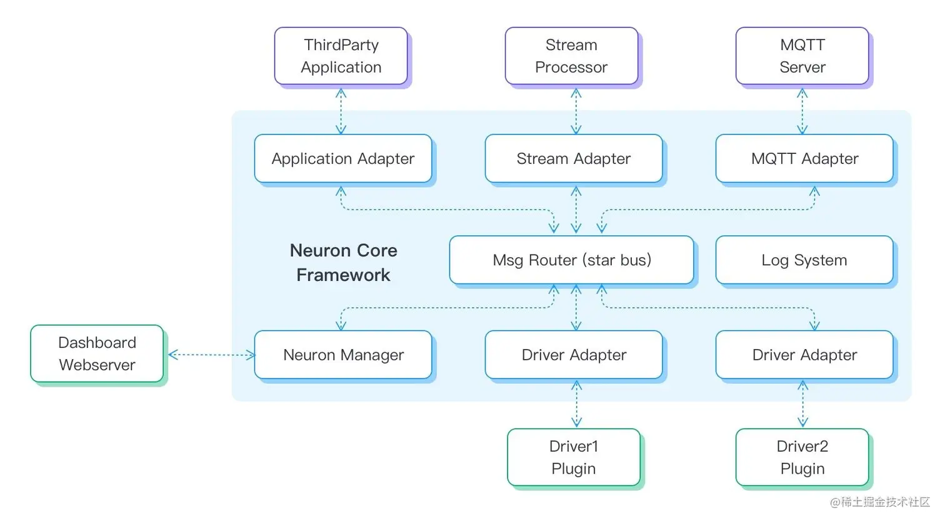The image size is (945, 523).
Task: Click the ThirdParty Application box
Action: point(341,56)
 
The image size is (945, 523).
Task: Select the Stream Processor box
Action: point(571,56)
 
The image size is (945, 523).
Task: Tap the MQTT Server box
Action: point(802,56)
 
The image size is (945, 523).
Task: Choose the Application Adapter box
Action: point(342,158)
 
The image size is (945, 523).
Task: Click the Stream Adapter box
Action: point(573,158)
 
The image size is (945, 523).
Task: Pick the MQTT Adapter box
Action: point(804,158)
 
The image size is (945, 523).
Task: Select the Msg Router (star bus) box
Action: point(571,260)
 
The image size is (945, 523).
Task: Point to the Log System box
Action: point(804,260)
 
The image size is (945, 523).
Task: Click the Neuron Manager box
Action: point(342,355)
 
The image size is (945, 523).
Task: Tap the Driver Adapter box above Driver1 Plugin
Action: point(573,355)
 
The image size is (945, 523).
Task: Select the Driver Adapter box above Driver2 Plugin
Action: point(804,355)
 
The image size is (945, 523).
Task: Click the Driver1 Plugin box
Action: point(573,457)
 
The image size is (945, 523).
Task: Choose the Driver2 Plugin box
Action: point(802,457)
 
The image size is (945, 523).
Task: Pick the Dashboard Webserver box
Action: point(97,353)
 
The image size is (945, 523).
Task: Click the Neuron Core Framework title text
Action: point(343,263)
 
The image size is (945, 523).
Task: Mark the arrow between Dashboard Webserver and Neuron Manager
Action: point(211,355)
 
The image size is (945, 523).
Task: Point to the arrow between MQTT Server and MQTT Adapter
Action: point(802,111)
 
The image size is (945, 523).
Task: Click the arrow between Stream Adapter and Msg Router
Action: point(576,210)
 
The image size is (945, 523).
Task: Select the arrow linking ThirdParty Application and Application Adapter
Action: point(341,111)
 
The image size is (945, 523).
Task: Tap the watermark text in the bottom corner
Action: point(879,502)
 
